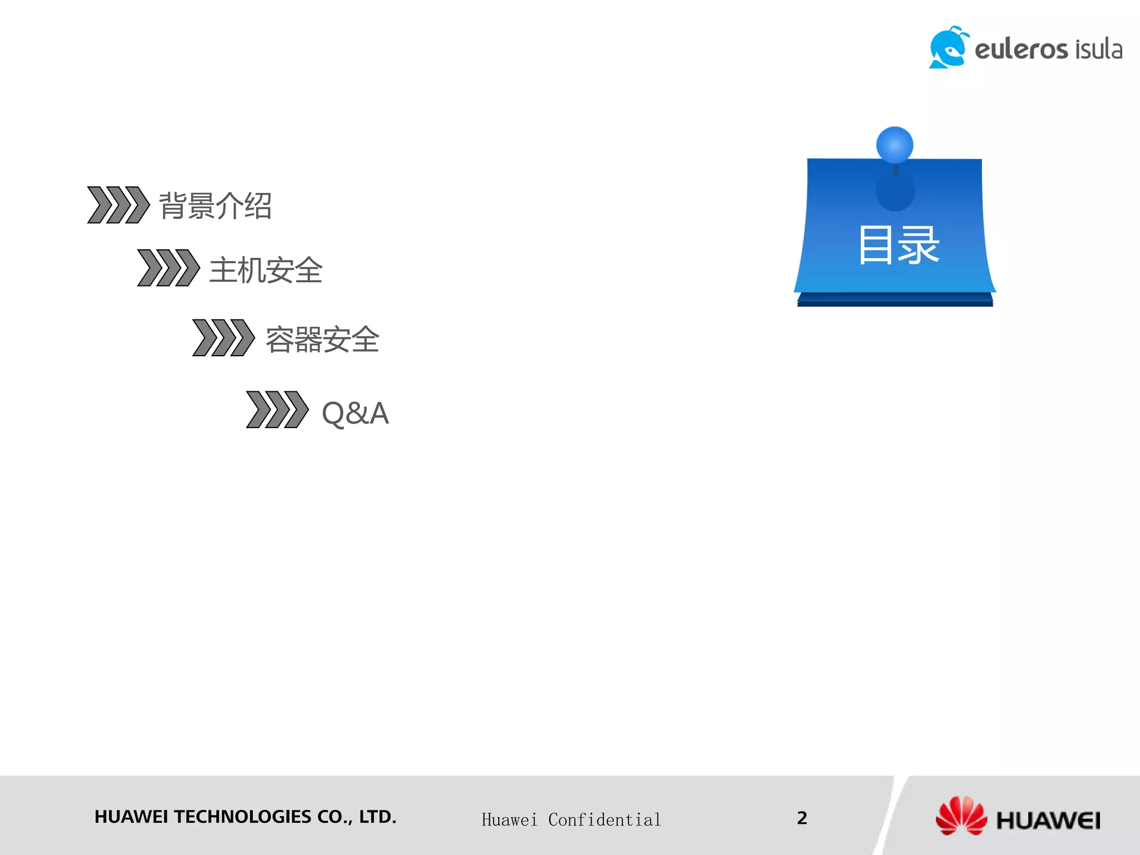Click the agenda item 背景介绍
point(215,206)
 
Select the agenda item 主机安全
point(266,271)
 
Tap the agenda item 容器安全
point(322,340)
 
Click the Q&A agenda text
point(355,413)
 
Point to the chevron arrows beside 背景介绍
point(118,205)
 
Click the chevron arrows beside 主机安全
point(168,268)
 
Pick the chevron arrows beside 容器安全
point(223,337)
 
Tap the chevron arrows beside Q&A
point(277,410)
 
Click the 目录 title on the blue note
point(898,245)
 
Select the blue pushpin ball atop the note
point(895,145)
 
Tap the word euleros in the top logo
point(1021,50)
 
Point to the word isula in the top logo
point(1098,50)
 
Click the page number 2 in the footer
point(802,818)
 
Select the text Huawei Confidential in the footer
point(571,820)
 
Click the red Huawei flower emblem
point(961,816)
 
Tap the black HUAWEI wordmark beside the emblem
point(1048,820)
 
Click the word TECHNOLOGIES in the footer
point(242,817)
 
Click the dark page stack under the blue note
point(895,301)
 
